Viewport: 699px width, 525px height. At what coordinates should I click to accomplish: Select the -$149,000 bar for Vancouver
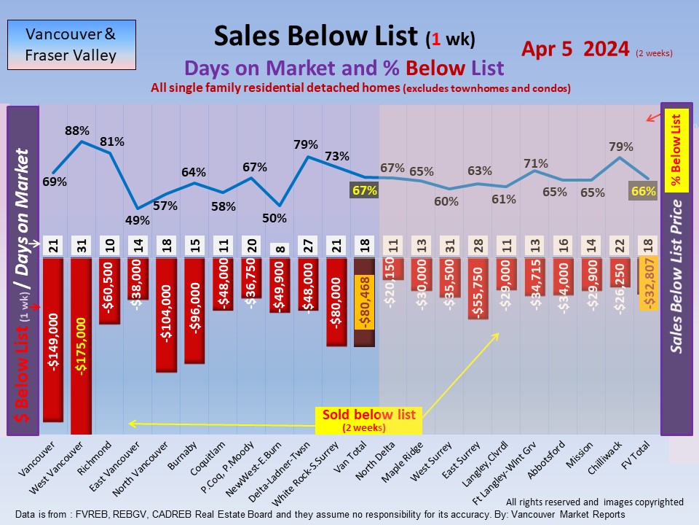tap(52, 339)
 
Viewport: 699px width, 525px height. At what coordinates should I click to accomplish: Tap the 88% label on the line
tap(77, 131)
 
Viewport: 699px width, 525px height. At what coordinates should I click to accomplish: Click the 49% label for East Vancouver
tap(138, 219)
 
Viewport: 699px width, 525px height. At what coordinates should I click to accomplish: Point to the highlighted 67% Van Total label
tap(365, 191)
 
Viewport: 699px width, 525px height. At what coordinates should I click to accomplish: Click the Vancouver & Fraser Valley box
tap(71, 44)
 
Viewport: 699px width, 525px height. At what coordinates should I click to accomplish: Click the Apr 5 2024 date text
tap(575, 50)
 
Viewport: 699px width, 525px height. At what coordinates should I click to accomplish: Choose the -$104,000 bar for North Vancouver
tap(166, 314)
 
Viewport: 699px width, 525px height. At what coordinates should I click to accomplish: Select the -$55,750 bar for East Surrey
tap(478, 288)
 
